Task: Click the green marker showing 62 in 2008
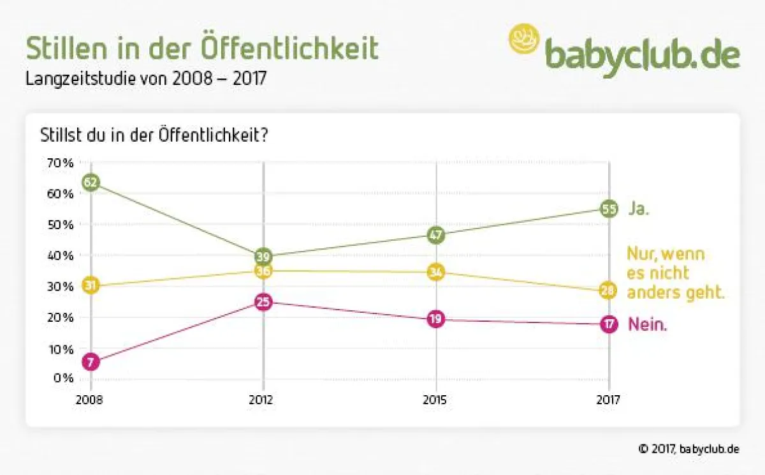[x=91, y=183]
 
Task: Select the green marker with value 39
[x=263, y=257]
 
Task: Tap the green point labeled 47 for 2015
[x=436, y=234]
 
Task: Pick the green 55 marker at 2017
[x=609, y=209]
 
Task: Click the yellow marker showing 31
[x=91, y=285]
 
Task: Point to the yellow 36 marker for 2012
[x=263, y=271]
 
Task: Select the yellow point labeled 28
[x=609, y=291]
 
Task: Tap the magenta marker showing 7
[x=91, y=362]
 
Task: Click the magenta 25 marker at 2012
[x=263, y=302]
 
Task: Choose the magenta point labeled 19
[x=436, y=319]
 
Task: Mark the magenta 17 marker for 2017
[x=609, y=324]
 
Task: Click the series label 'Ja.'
[x=639, y=209]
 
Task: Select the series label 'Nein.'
[x=647, y=324]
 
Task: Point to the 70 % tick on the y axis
[x=59, y=163]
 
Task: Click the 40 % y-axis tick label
[x=59, y=255]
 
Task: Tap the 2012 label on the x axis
[x=261, y=400]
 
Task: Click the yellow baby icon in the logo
[x=524, y=38]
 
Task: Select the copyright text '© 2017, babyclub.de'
[x=688, y=449]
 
